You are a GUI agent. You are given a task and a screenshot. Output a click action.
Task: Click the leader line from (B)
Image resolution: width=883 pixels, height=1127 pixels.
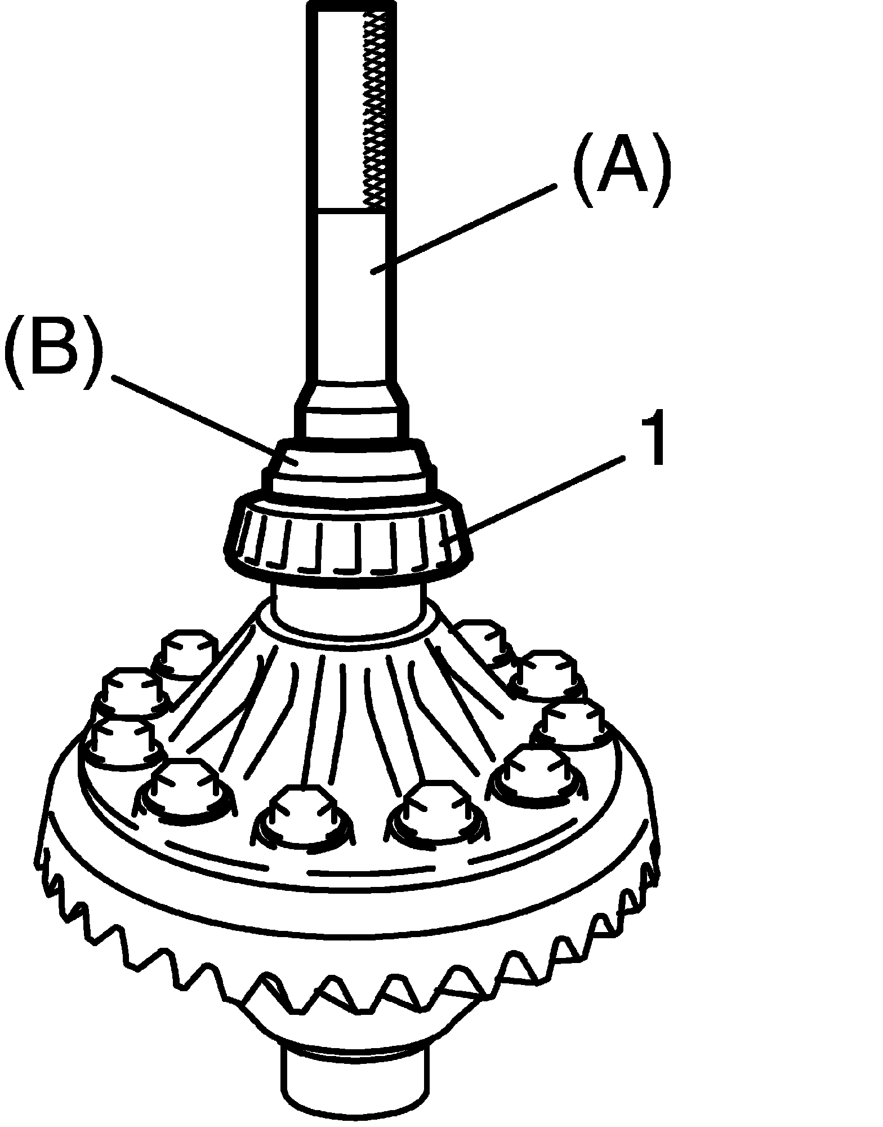[197, 417]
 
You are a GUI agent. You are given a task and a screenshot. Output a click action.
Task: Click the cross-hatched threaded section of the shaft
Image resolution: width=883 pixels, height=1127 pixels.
[376, 107]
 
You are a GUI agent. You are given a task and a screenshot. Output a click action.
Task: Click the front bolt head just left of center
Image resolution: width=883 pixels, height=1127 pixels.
[303, 814]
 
